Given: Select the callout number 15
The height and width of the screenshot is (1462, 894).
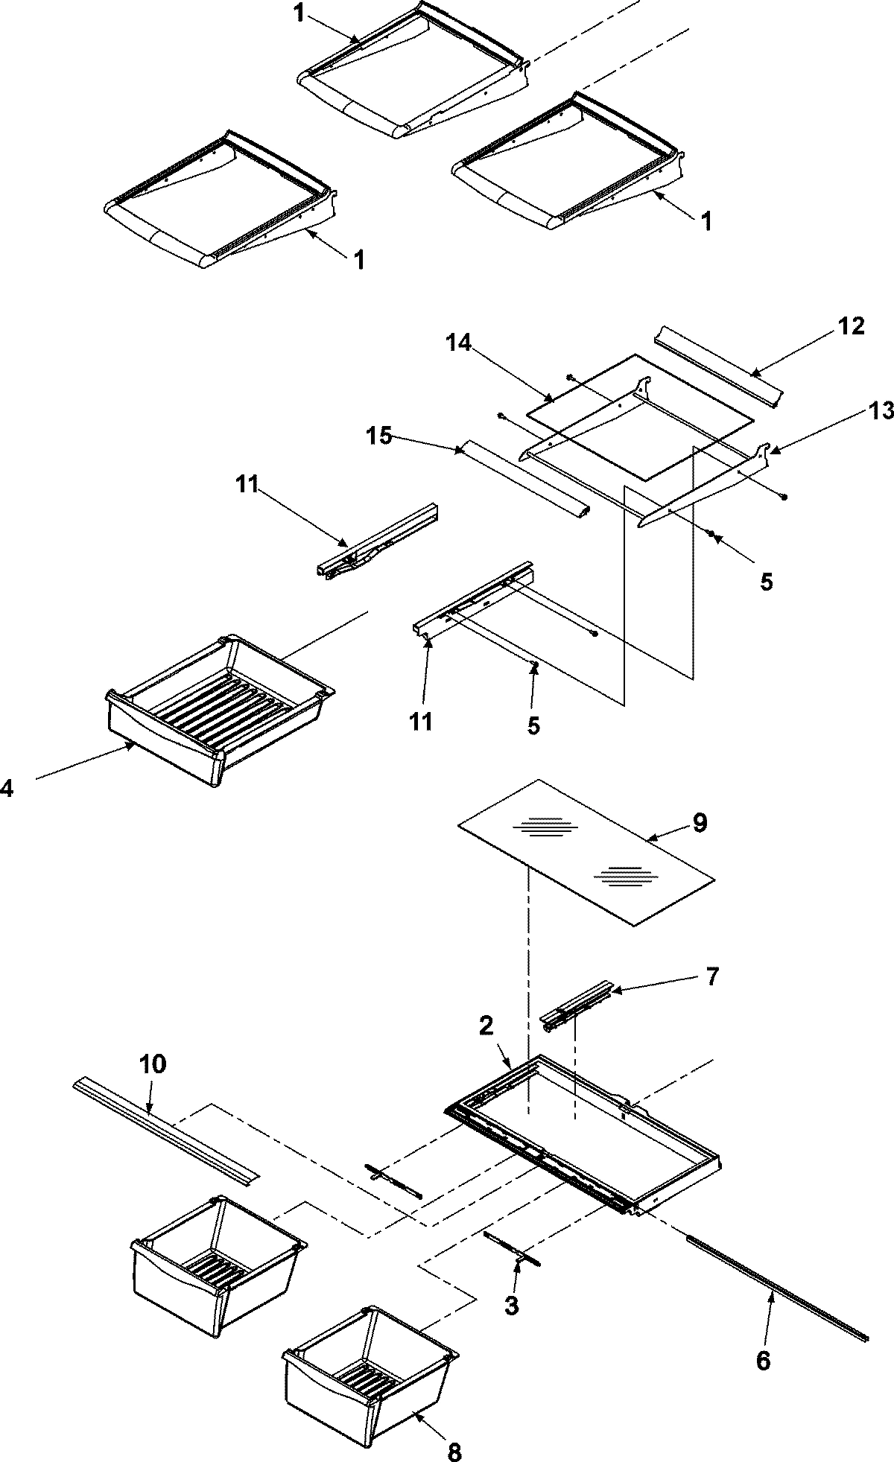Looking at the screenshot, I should pos(378,436).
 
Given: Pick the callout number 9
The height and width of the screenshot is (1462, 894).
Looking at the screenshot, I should pos(700,823).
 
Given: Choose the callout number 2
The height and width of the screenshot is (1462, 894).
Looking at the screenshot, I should pos(486,1026).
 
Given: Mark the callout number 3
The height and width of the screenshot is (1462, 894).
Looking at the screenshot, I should pos(510,1306).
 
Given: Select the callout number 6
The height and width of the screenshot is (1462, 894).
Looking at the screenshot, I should pos(763,1360).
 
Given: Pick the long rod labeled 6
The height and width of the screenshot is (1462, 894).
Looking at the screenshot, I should pos(775,1294).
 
